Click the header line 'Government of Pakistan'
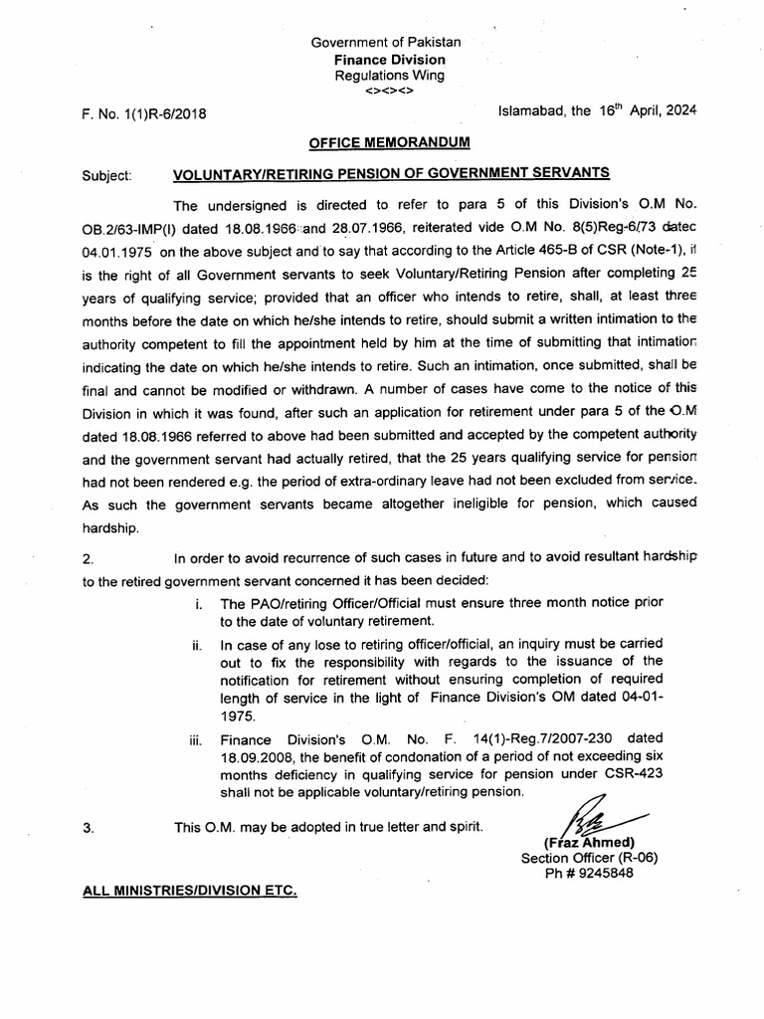pyautogui.click(x=387, y=42)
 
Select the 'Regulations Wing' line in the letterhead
pyautogui.click(x=389, y=76)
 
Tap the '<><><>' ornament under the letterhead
pyautogui.click(x=389, y=92)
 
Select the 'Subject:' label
pyautogui.click(x=106, y=175)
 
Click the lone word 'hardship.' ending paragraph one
pyautogui.click(x=111, y=528)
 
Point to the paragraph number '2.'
pyautogui.click(x=89, y=561)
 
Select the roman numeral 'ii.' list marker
pyautogui.click(x=197, y=645)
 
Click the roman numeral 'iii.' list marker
pyautogui.click(x=196, y=741)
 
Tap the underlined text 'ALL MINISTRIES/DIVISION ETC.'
pyautogui.click(x=189, y=892)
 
